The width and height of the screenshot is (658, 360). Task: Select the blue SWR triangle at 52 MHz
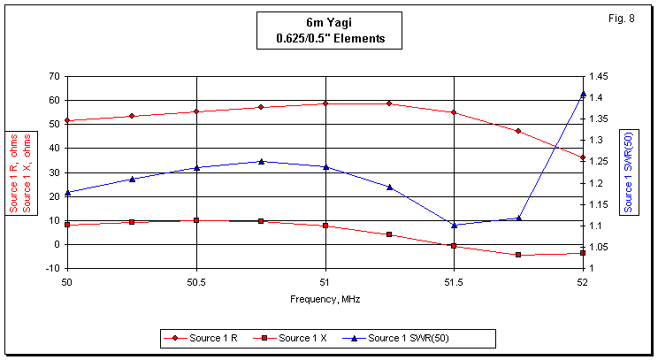click(583, 94)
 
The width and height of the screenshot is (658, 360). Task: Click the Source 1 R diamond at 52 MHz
click(583, 157)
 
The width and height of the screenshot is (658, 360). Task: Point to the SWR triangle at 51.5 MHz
click(454, 225)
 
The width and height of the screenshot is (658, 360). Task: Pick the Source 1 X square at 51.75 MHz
click(518, 255)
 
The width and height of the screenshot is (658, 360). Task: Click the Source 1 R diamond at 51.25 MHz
click(389, 103)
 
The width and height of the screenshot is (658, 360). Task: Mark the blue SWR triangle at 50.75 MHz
click(261, 161)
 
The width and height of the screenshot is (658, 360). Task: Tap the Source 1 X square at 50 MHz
click(67, 225)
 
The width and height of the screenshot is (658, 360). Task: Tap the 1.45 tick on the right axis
click(600, 76)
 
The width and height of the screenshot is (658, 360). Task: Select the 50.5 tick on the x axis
click(196, 283)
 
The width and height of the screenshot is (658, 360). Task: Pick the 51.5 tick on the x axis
click(454, 283)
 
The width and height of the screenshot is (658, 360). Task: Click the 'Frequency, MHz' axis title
click(325, 299)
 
